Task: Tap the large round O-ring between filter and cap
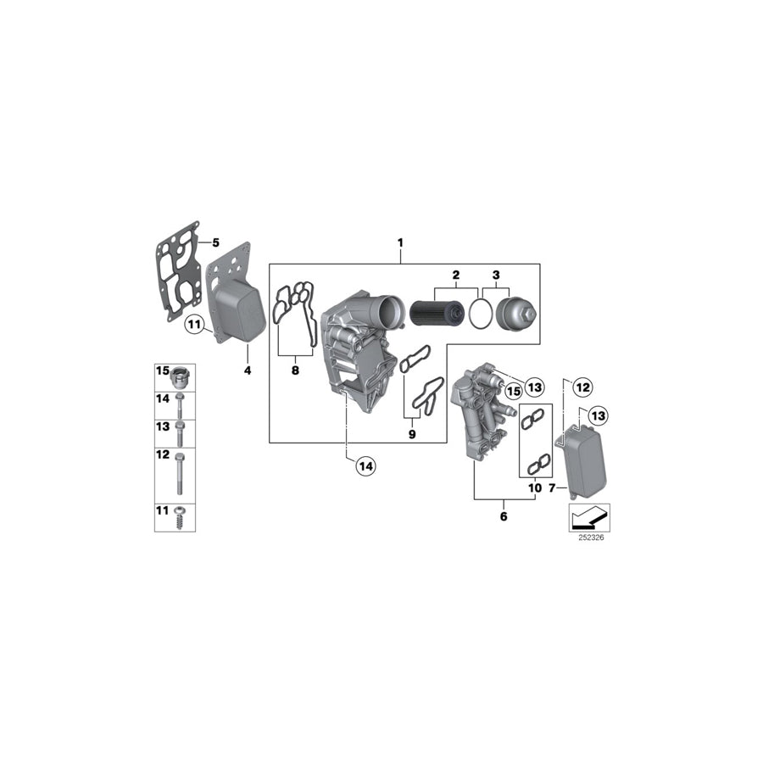click(480, 312)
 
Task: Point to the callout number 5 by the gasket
click(214, 243)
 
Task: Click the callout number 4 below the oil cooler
click(248, 370)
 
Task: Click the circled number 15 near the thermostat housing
click(511, 390)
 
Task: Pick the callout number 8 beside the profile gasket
click(294, 370)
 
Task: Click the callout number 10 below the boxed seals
click(534, 489)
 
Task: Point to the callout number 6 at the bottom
click(504, 515)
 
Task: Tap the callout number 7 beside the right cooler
click(553, 489)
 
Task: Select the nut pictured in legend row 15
click(181, 376)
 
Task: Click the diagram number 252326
click(589, 537)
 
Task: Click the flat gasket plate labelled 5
click(176, 270)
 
